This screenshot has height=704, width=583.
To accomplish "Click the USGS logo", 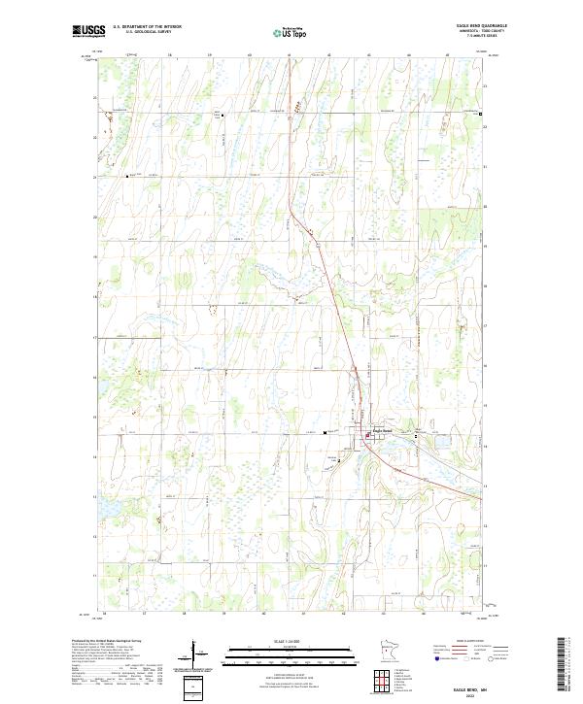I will coord(88,30).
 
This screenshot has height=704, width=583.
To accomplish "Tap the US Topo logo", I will coord(292,31).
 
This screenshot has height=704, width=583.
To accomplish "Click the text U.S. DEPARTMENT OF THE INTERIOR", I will coord(147,27).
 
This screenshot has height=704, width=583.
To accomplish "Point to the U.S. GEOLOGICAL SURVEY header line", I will coord(142,32).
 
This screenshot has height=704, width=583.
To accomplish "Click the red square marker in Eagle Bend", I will coord(368,436).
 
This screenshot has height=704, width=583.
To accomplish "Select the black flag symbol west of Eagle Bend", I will coord(325,433).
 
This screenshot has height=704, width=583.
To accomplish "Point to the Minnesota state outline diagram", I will coord(391,652).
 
